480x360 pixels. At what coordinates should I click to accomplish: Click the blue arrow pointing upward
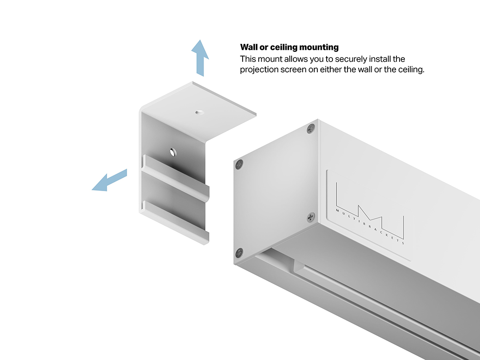(x=200, y=58)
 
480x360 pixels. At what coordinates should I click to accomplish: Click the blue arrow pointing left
(x=109, y=180)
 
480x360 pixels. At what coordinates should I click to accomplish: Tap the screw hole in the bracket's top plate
(x=200, y=112)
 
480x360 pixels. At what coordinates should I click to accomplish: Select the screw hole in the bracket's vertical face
(x=173, y=152)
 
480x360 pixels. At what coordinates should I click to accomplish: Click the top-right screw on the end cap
(x=311, y=129)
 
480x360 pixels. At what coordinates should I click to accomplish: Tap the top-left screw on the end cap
(x=240, y=164)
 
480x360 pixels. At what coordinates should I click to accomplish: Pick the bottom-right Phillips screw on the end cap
(x=311, y=217)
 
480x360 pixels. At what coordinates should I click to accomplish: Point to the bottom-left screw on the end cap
(x=239, y=253)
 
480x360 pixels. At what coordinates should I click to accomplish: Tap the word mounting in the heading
(x=319, y=48)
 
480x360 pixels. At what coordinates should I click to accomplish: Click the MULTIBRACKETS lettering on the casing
(x=370, y=227)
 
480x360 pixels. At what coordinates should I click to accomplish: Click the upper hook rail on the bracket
(x=176, y=177)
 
